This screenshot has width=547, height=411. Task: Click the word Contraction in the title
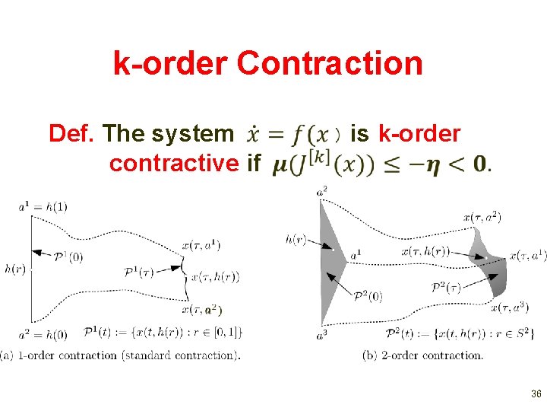click(x=329, y=63)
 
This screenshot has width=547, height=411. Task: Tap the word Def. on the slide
click(x=72, y=134)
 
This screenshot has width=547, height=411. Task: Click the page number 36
click(x=536, y=394)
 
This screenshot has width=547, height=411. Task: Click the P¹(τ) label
click(x=138, y=272)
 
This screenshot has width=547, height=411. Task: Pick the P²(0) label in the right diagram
click(x=368, y=296)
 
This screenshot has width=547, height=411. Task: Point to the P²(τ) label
click(x=445, y=287)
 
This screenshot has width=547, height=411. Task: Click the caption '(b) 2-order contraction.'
click(x=423, y=355)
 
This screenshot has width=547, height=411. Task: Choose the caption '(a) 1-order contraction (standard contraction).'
click(x=121, y=355)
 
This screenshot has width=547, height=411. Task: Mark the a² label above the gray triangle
click(x=322, y=191)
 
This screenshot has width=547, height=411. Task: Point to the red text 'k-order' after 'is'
click(x=419, y=134)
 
